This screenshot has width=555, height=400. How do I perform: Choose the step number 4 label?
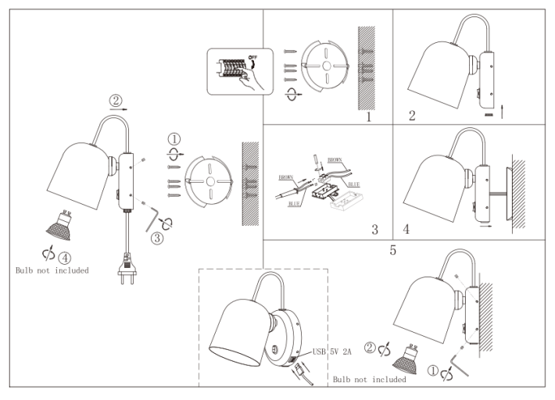[406, 230]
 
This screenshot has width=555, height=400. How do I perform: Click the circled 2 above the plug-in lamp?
[116, 100]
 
